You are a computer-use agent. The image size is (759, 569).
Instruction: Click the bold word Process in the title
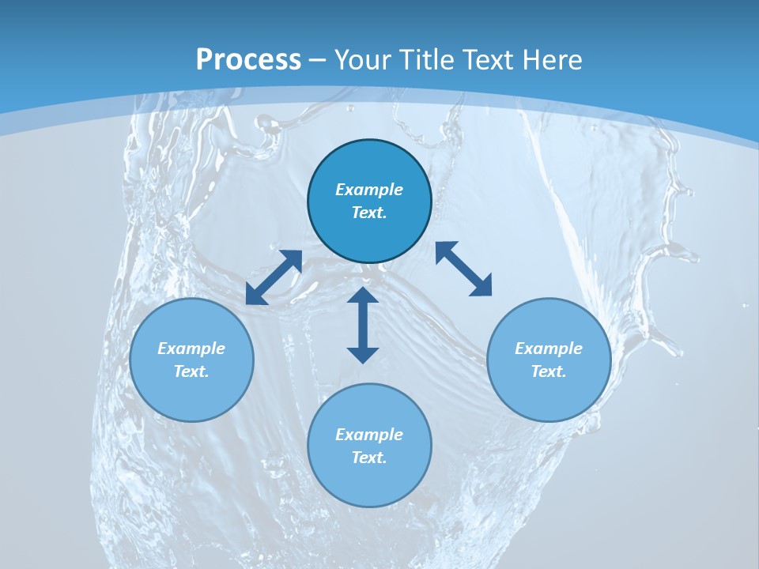pos(248,60)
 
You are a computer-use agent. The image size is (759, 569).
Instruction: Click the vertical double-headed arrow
pos(363,326)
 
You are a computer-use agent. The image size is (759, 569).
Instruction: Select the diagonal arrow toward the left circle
pos(274,277)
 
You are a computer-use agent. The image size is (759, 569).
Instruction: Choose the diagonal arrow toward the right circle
pos(463,269)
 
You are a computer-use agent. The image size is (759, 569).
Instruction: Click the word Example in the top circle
pos(369,190)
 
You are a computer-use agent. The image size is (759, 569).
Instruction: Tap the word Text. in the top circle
pos(369,213)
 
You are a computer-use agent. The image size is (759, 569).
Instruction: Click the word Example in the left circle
pos(191,349)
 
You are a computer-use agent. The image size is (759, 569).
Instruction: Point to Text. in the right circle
pos(549,371)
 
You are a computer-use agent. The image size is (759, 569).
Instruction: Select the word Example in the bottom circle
pos(369,435)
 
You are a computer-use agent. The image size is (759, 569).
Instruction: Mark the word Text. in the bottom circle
pos(369,458)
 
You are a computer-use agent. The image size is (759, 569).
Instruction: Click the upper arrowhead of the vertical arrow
pos(363,296)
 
